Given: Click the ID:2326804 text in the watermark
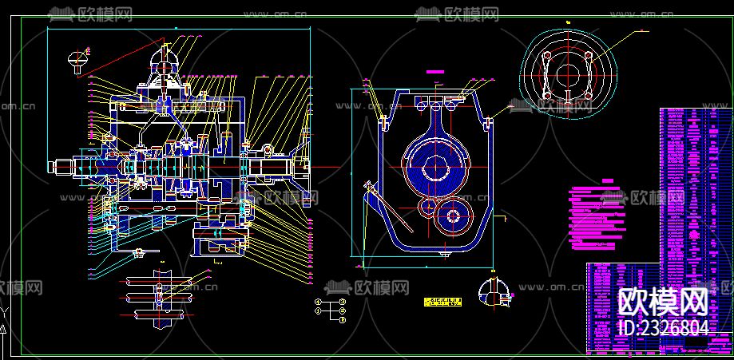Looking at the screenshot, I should (x=664, y=328).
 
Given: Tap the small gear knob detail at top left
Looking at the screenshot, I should (x=78, y=58).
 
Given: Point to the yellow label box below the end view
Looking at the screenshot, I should (x=443, y=302).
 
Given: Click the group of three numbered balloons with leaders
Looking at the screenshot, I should (x=331, y=310).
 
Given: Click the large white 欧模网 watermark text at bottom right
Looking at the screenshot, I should (x=664, y=302).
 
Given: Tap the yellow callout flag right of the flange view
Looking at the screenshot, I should (x=644, y=30).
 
